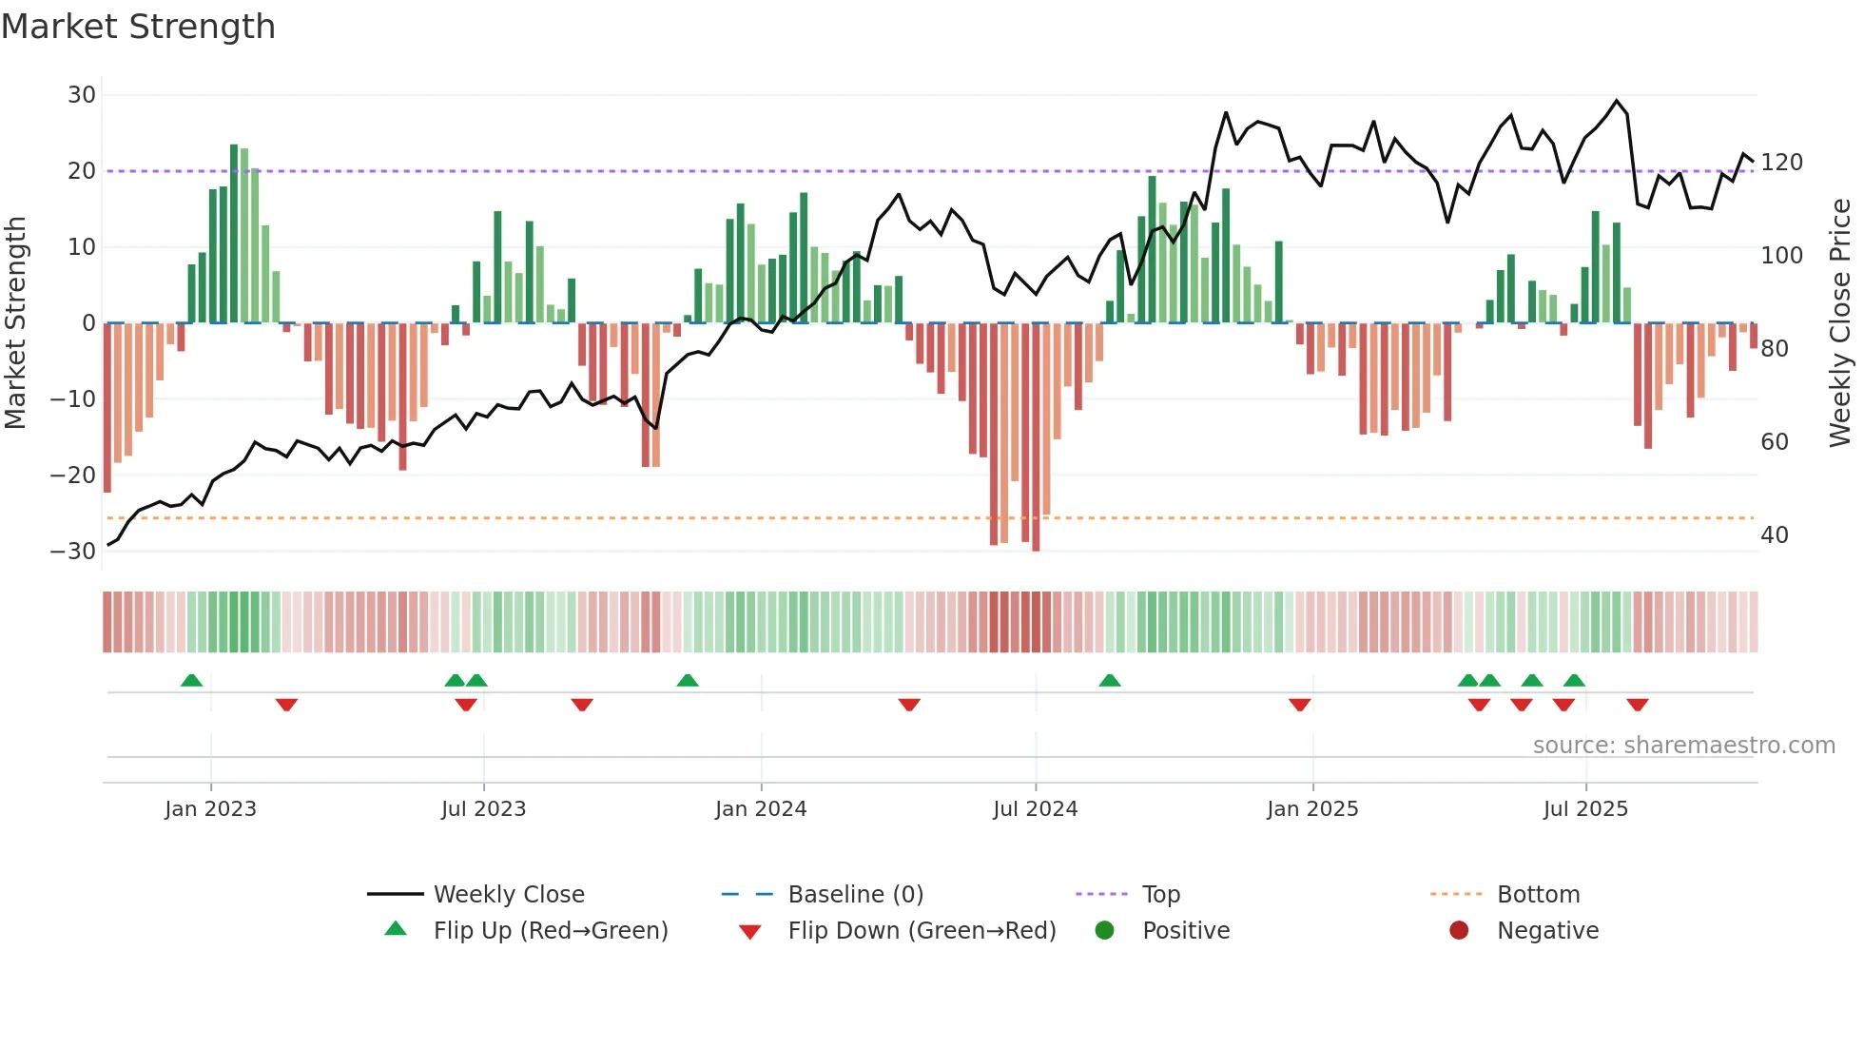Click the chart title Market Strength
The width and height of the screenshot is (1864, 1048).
click(x=138, y=27)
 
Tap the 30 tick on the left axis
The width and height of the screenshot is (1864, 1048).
click(x=82, y=95)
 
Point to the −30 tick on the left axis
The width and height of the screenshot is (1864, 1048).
click(x=74, y=552)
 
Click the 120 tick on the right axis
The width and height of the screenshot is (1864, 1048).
click(x=1781, y=163)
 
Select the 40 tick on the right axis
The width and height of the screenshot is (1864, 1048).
click(x=1774, y=535)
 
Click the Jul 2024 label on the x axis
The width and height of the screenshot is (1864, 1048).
click(x=1035, y=809)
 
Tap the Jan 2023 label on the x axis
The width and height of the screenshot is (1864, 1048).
click(x=210, y=809)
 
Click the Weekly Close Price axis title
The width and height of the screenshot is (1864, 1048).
click(x=1840, y=323)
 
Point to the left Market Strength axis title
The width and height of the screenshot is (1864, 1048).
click(x=15, y=323)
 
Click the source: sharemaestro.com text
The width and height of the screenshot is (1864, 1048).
click(x=1683, y=746)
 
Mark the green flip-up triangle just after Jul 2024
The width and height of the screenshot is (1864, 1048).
click(x=1109, y=680)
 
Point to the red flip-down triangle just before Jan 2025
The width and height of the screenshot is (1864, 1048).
click(x=1299, y=705)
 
